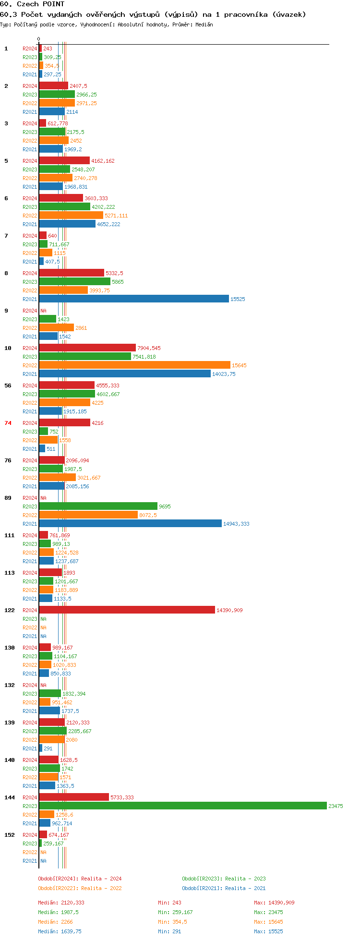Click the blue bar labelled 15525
[x=134, y=299]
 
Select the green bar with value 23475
[x=182, y=806]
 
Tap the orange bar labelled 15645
[x=134, y=365]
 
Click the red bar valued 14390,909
[x=127, y=610]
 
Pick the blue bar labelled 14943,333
[x=130, y=524]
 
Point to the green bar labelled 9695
[x=98, y=506]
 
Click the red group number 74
[x=8, y=423]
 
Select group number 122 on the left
[x=10, y=610]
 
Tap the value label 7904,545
[x=149, y=348]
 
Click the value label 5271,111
[x=116, y=216]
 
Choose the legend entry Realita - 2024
[x=80, y=879]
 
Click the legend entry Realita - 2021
[x=224, y=888]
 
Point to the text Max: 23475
[x=267, y=912]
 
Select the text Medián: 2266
[x=55, y=922]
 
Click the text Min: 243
[x=169, y=903]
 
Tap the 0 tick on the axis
[x=39, y=39]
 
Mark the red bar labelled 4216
[x=64, y=423]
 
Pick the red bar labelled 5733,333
[x=74, y=797]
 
